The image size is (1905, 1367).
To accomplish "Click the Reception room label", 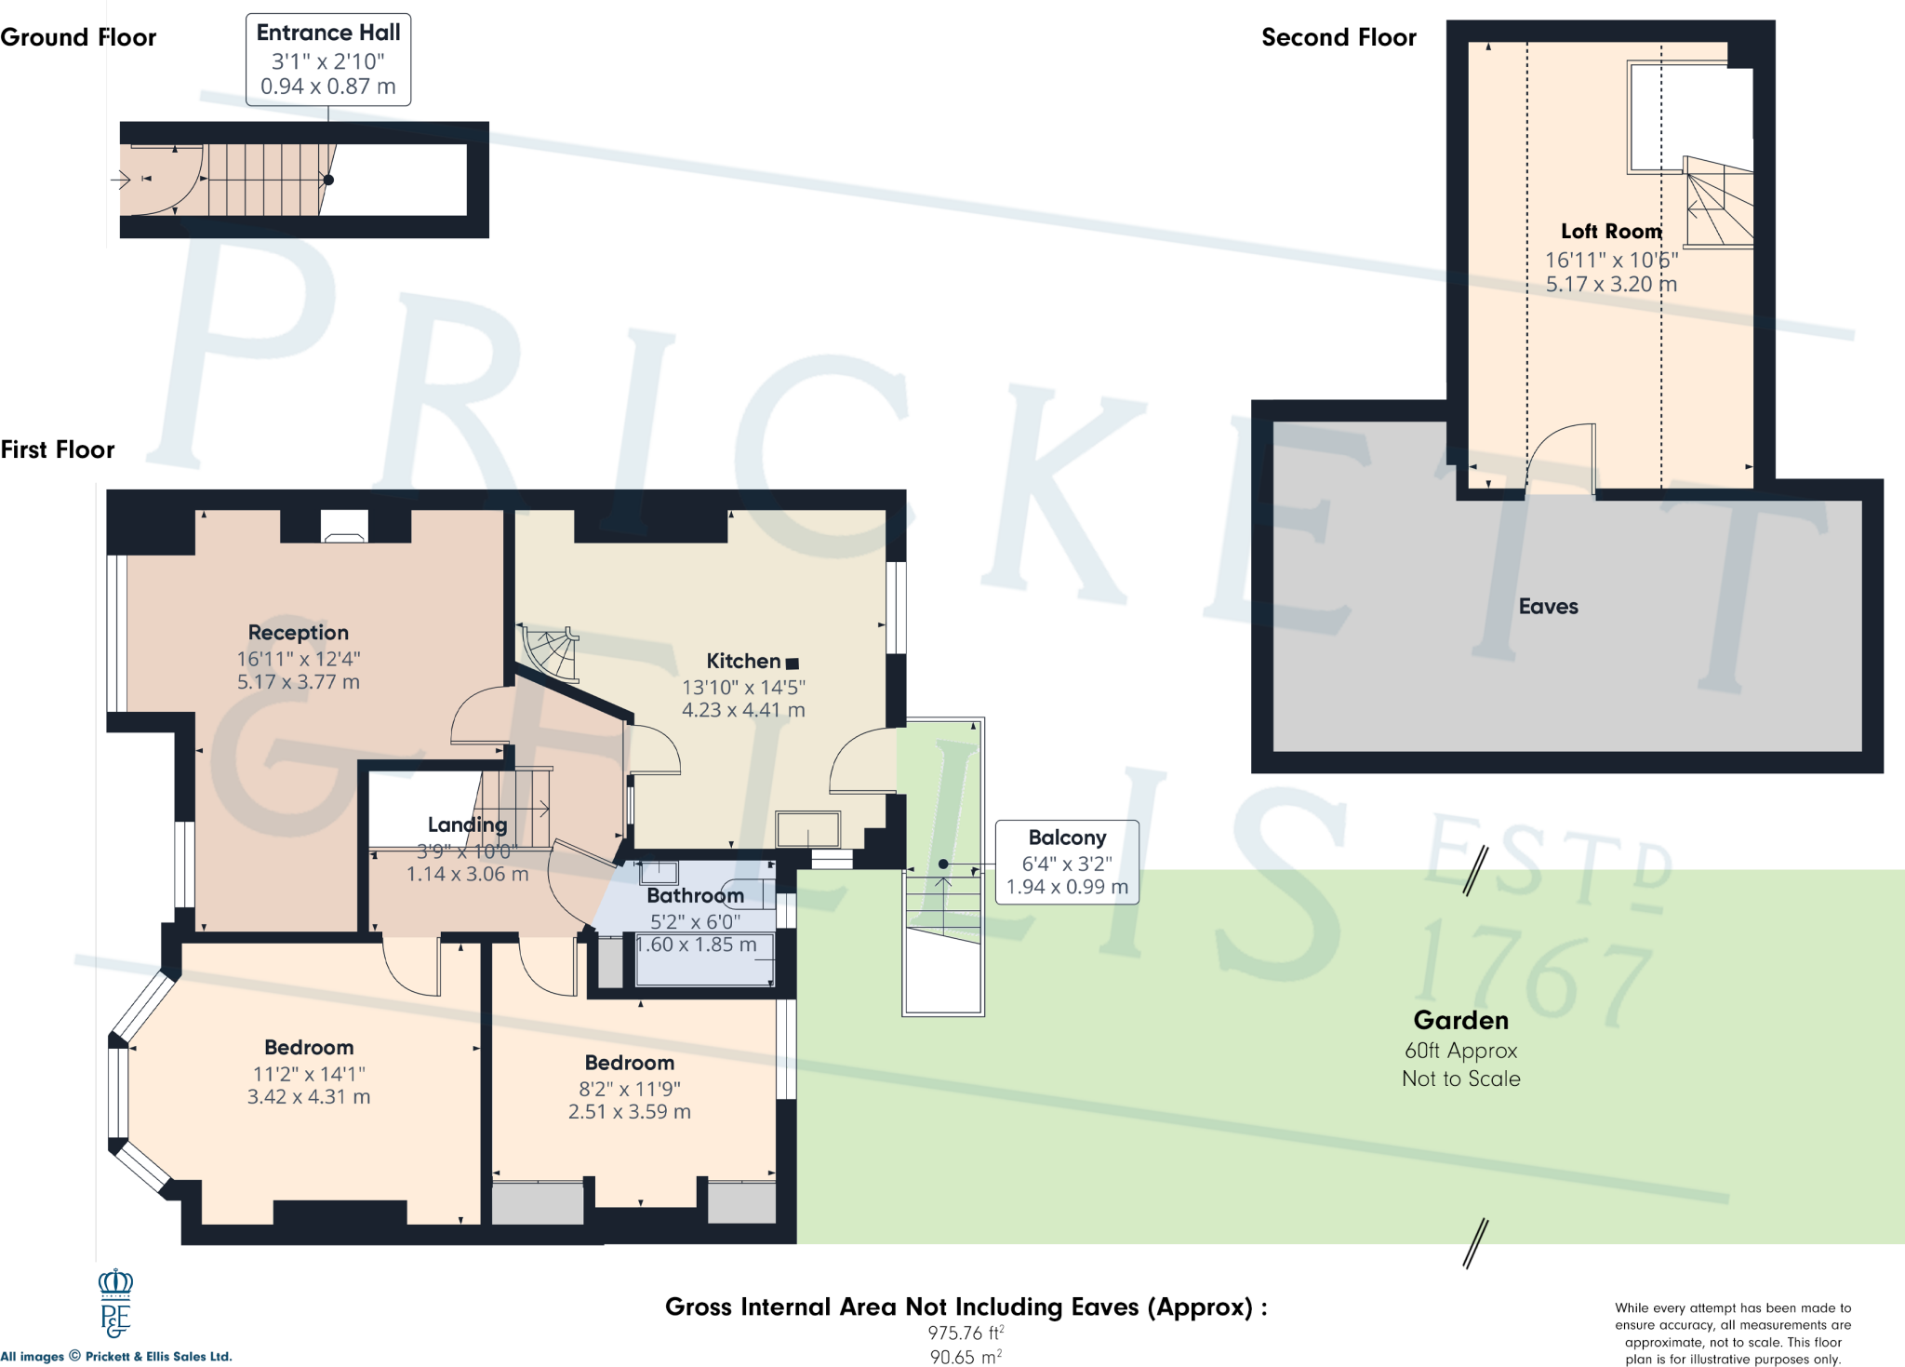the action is [298, 633].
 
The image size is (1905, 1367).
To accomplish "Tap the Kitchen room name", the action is [743, 662].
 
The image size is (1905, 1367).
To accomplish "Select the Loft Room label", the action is [1611, 232].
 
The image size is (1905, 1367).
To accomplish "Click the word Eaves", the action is [1548, 607].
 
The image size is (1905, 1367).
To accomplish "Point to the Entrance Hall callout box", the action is [328, 60].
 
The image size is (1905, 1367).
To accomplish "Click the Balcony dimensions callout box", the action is [1067, 862].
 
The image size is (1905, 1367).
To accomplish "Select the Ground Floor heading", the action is [78, 37].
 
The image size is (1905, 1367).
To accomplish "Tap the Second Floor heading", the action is [1339, 37].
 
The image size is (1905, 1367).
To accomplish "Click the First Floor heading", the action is [58, 450].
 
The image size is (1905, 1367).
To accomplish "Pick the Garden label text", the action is [1460, 1021].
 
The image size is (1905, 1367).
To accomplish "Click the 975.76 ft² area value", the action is [966, 1333].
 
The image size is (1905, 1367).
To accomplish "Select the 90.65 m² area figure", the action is [966, 1357].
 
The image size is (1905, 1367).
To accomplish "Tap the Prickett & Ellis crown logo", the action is [115, 1303].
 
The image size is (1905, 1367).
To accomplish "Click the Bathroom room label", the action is [695, 896].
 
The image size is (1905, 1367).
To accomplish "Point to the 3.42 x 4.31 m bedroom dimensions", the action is [309, 1097].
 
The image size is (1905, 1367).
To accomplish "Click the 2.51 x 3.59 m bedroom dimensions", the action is [630, 1112].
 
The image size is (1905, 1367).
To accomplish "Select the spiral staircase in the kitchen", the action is [550, 652].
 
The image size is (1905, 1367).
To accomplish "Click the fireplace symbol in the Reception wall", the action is [344, 526].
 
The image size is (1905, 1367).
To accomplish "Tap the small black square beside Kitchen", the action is [793, 663].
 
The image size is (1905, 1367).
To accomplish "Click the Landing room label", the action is [467, 825].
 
